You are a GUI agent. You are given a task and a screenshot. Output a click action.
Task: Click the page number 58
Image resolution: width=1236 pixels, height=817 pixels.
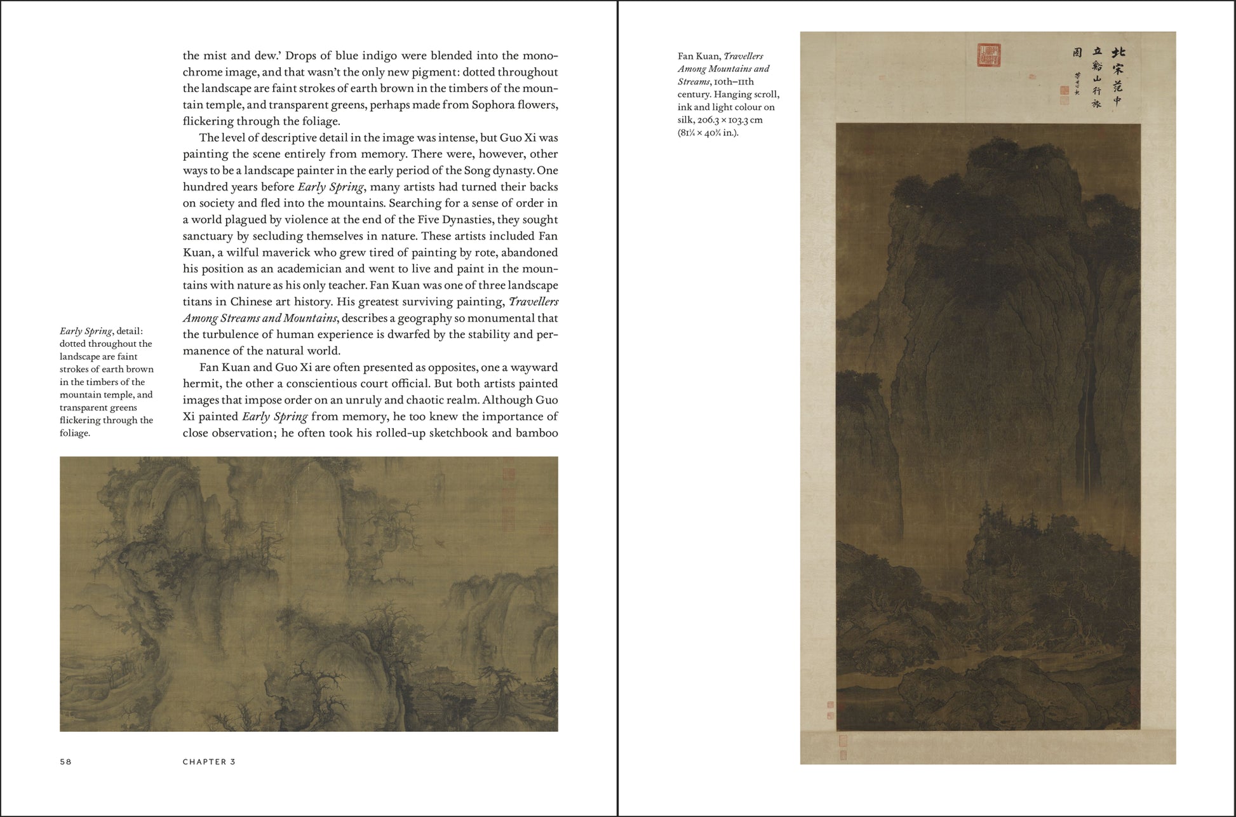coord(65,762)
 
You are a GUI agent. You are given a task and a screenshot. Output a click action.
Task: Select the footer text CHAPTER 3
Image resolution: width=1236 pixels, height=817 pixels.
coord(209,762)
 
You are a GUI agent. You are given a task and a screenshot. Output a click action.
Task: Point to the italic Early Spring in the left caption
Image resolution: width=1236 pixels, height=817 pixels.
coord(86,331)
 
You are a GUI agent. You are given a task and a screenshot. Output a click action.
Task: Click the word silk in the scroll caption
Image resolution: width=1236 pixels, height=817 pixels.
coord(685,119)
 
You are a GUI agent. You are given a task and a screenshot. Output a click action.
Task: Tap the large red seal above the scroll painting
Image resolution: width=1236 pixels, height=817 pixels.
coord(988,55)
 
